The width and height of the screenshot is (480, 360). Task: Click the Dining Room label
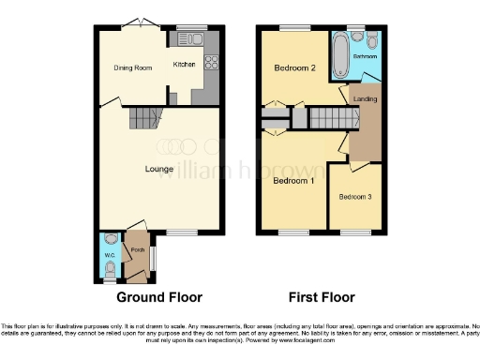coord(133,67)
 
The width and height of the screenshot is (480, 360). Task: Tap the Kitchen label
coord(183,64)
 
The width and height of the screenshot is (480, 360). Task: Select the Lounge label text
coord(157,169)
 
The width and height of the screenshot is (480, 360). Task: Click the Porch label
coord(137,249)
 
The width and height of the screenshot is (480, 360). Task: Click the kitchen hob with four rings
coord(210,64)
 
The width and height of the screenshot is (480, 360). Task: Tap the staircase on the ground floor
coord(144,118)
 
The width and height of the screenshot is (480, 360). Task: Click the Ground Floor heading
coord(158,298)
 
